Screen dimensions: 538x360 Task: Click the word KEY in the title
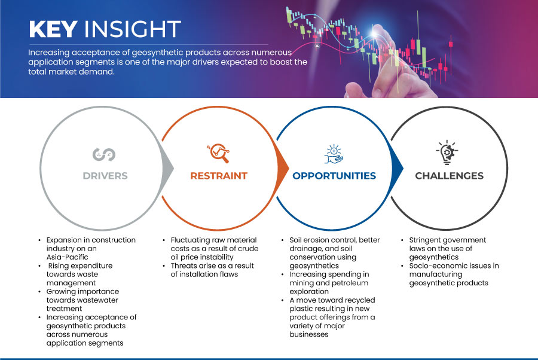click(x=53, y=29)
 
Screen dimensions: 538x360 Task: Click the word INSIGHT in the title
click(x=132, y=29)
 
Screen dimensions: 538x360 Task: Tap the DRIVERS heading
click(x=105, y=176)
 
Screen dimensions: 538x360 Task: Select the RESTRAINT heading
click(x=219, y=176)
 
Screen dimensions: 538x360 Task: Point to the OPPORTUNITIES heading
click(x=334, y=176)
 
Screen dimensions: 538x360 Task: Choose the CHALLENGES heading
click(x=449, y=176)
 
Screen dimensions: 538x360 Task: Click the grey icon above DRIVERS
click(x=104, y=154)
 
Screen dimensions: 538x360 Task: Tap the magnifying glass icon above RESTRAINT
click(x=218, y=153)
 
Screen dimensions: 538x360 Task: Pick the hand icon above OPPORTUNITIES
click(x=334, y=154)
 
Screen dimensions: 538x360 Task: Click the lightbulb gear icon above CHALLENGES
click(x=447, y=152)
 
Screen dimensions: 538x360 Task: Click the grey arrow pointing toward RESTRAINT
click(x=168, y=168)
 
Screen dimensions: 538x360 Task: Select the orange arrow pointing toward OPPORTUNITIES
click(x=283, y=168)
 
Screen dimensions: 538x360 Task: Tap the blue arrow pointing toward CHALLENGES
click(x=397, y=168)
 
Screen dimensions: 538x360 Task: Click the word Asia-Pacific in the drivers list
click(x=67, y=257)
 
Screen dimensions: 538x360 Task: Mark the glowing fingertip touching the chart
click(x=375, y=33)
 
